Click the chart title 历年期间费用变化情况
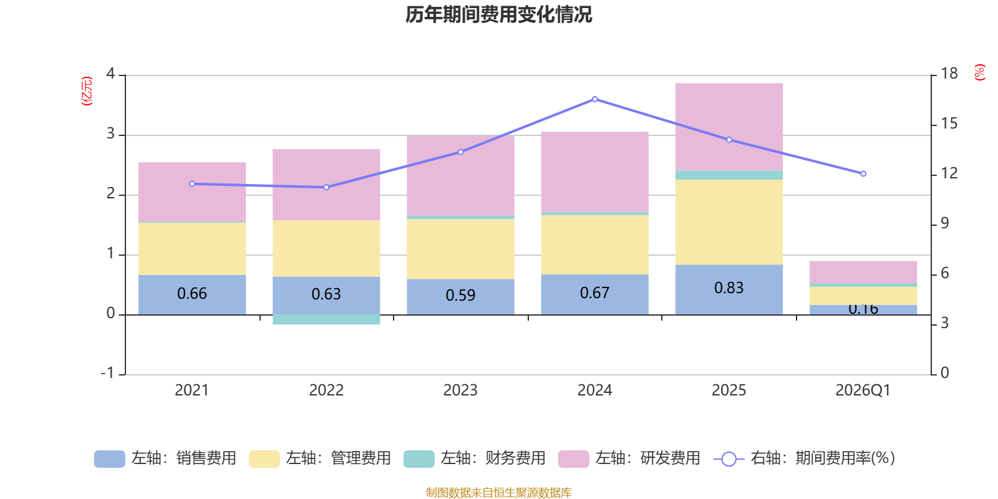tap(498, 14)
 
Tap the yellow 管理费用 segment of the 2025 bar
tap(729, 221)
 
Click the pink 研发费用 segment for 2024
tap(594, 172)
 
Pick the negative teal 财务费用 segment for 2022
tap(326, 320)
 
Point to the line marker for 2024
tap(594, 99)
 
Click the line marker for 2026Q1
tap(863, 174)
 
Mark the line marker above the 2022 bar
tap(326, 187)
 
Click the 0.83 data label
tap(729, 288)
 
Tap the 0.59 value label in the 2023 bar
tap(460, 295)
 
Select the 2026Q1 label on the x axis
tap(863, 390)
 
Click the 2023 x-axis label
tap(460, 390)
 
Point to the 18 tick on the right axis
tap(949, 74)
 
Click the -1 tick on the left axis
tap(108, 373)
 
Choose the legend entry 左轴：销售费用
tap(166, 458)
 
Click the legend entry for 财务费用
tap(475, 458)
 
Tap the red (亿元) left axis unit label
tap(87, 91)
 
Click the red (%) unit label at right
tap(979, 72)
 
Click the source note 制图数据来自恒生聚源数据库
tap(498, 493)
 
